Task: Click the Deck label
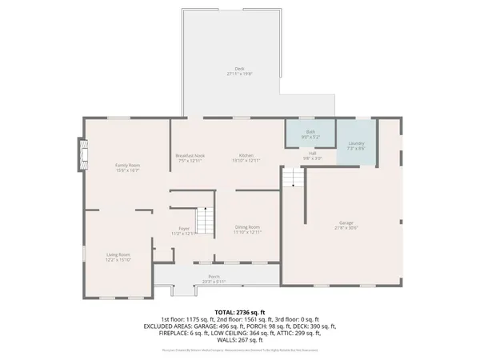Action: (x=238, y=69)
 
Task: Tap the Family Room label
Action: (x=127, y=165)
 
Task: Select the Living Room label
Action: (x=118, y=254)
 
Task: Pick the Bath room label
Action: (x=310, y=132)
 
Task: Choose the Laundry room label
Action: (x=356, y=143)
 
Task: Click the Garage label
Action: (x=346, y=222)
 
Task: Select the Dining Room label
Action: (x=247, y=227)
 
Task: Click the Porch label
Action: (x=214, y=277)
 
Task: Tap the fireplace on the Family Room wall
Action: (x=80, y=154)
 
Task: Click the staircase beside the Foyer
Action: (x=206, y=220)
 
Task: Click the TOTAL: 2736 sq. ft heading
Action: (x=240, y=311)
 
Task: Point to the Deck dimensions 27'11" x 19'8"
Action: (x=238, y=74)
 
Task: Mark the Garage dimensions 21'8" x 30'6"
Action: (x=346, y=228)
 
